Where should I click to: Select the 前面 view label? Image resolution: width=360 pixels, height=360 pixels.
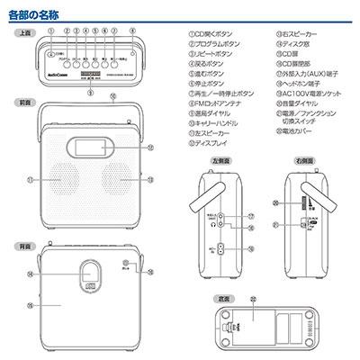click(x=24, y=103)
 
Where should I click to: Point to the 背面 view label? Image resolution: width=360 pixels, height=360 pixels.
click(x=24, y=245)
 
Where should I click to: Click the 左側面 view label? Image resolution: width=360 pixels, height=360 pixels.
click(x=219, y=158)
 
